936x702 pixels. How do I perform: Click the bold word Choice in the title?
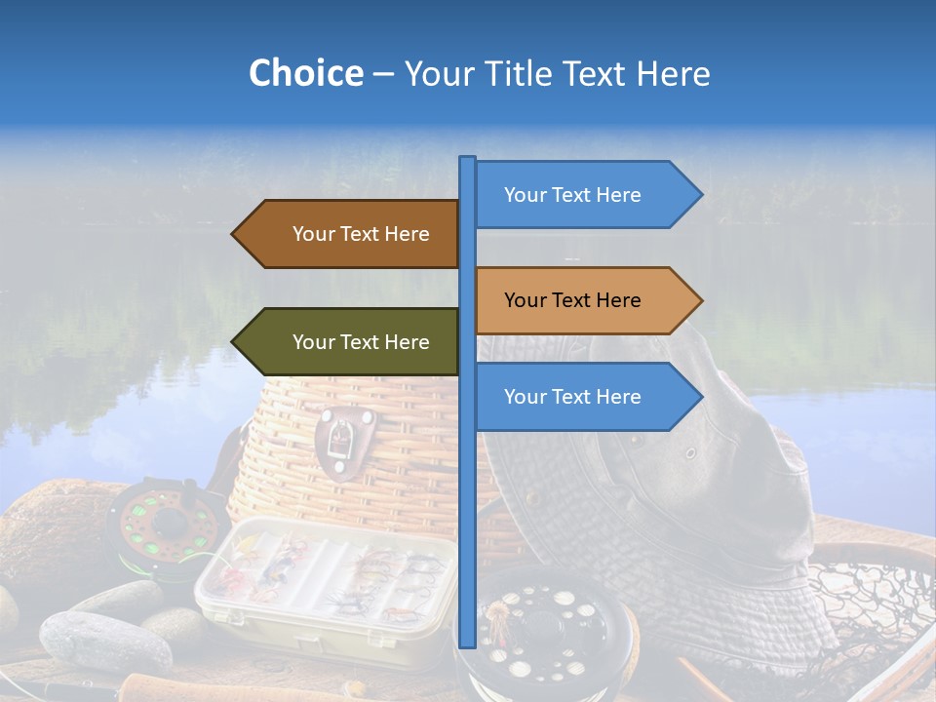tap(305, 73)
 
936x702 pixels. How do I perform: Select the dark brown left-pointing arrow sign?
tap(346, 234)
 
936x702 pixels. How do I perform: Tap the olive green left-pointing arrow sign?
tap(346, 342)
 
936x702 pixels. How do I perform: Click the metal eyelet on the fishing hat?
tap(690, 453)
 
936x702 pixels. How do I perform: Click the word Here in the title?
tap(674, 73)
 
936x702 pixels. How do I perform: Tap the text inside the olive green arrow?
tap(361, 342)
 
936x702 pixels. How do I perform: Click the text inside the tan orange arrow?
tap(572, 300)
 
